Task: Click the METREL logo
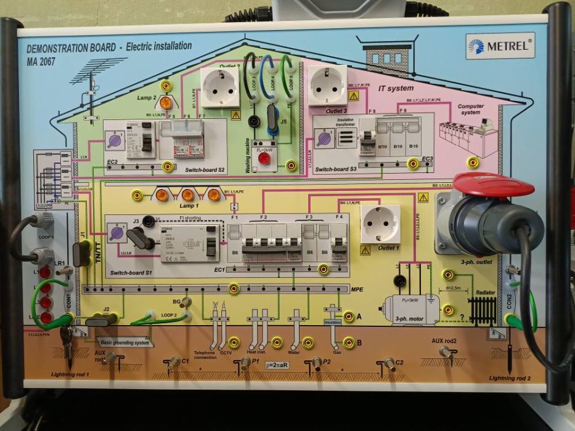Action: coord(500,46)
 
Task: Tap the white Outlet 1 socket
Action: coord(380,224)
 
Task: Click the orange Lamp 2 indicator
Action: coord(166,102)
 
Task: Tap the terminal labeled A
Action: coord(349,316)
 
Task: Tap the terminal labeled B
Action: coord(349,342)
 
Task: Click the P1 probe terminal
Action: coord(245,363)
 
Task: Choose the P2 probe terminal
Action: coord(317,362)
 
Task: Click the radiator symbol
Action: coord(483,308)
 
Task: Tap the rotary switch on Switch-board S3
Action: coord(325,139)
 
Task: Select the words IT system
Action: coord(396,89)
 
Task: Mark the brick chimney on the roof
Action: coord(387,60)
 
